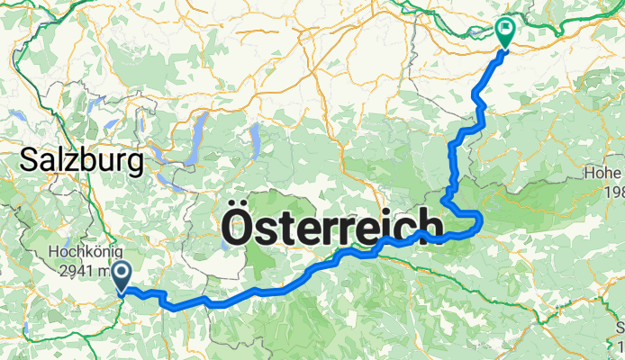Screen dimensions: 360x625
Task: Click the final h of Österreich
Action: [429, 225]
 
